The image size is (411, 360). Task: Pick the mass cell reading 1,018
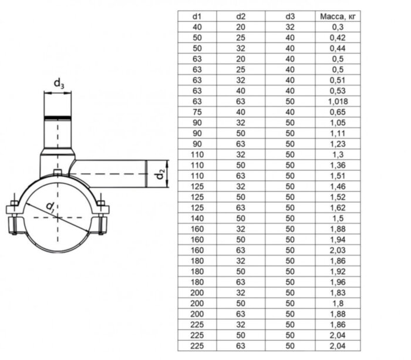(337, 102)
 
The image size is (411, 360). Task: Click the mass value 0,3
(337, 28)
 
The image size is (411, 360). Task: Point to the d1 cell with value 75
(197, 112)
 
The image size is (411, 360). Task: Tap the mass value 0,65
(337, 112)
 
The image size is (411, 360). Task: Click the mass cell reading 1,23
(337, 144)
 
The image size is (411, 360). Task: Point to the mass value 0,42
(337, 38)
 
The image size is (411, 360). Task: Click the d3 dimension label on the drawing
(59, 84)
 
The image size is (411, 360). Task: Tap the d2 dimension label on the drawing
(159, 175)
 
